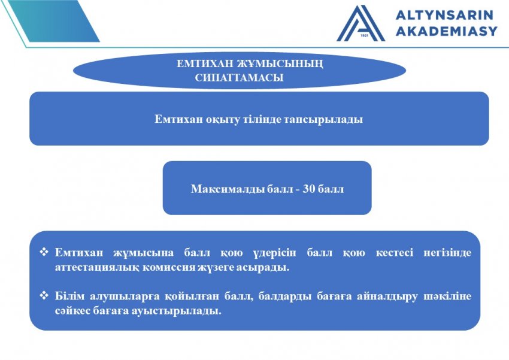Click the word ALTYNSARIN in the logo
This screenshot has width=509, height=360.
point(444,15)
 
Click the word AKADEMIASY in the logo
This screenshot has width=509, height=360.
point(446,31)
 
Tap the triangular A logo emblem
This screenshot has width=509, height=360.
point(360,23)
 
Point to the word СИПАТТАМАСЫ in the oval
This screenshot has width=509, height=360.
point(240,78)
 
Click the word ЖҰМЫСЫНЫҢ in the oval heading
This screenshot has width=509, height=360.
point(280,64)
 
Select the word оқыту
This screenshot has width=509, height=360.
point(223,120)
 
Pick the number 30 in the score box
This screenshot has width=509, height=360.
point(308,189)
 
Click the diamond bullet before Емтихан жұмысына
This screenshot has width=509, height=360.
point(44,252)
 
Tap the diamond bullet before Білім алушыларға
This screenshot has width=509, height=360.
point(44,295)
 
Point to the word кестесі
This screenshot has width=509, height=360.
point(395,253)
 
